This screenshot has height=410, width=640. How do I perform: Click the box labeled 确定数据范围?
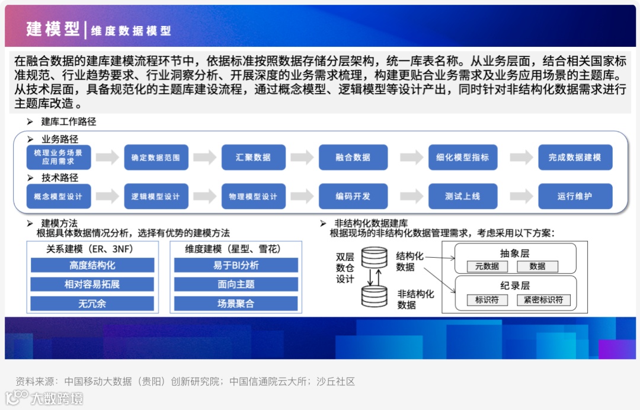pyautogui.click(x=156, y=158)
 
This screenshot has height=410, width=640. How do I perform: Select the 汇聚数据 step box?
pyautogui.click(x=253, y=158)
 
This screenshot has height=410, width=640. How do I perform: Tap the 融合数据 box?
pyautogui.click(x=353, y=158)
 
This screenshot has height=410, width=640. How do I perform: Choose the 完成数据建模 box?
pyautogui.click(x=575, y=158)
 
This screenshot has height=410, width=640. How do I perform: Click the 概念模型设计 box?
pyautogui.click(x=59, y=196)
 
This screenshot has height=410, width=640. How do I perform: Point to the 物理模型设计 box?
pyautogui.click(x=253, y=196)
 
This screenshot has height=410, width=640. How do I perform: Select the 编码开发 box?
pyautogui.click(x=353, y=196)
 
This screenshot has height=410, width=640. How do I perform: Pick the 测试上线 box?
pyautogui.click(x=463, y=196)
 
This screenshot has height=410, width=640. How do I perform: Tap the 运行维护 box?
pyautogui.click(x=575, y=196)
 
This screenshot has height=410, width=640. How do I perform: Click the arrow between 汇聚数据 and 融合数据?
pyautogui.click(x=302, y=158)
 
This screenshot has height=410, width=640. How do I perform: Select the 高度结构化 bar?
pyautogui.click(x=92, y=265)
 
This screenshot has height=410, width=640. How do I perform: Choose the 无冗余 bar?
pyautogui.click(x=92, y=304)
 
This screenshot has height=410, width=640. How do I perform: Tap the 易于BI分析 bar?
pyautogui.click(x=236, y=265)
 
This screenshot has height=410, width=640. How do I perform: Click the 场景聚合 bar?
pyautogui.click(x=236, y=304)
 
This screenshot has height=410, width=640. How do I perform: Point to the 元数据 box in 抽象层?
pyautogui.click(x=487, y=267)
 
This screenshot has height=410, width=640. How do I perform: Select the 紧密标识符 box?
pyautogui.click(x=543, y=300)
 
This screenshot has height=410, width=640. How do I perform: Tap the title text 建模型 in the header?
pyautogui.click(x=53, y=29)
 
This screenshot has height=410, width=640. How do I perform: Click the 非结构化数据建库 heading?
pyautogui.click(x=371, y=223)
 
